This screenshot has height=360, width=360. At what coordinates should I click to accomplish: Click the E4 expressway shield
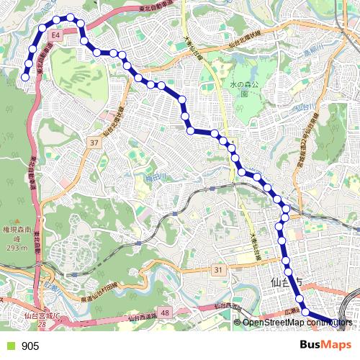pyautogui.click(x=55, y=34)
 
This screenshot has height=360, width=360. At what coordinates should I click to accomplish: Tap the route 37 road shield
pyautogui.click(x=94, y=143)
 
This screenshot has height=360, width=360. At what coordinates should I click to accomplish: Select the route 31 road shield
pyautogui.click(x=218, y=269)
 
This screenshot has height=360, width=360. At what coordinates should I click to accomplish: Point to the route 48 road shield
pyautogui.click(x=166, y=312)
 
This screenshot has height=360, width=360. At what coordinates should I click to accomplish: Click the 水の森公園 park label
pyautogui.click(x=243, y=89)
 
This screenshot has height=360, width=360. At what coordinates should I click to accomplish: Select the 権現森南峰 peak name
pyautogui.click(x=15, y=235)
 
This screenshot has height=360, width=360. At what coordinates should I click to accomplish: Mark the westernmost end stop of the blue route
pyautogui.click(x=25, y=76)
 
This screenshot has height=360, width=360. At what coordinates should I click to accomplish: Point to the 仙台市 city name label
pyautogui.click(x=285, y=282)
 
